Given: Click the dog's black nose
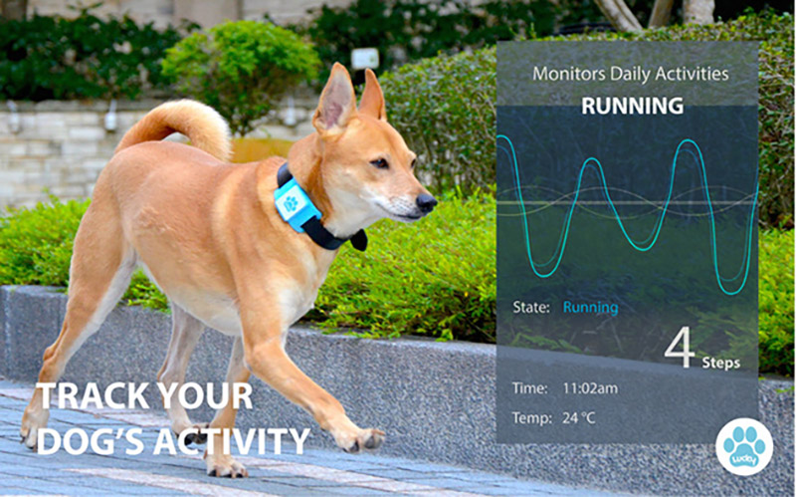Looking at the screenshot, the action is [x=427, y=203].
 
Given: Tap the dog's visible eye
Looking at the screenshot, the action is [x=380, y=163].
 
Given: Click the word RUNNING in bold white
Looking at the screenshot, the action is [x=633, y=106].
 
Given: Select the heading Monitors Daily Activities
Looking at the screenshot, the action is [x=631, y=74].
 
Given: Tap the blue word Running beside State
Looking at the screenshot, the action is [x=590, y=308].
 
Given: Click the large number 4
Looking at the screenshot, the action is [x=680, y=348].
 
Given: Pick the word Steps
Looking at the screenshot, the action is [x=720, y=363].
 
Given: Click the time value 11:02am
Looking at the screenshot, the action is [x=590, y=388].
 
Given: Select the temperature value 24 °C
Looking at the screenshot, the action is [x=578, y=418].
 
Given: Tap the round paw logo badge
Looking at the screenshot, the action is [x=744, y=446].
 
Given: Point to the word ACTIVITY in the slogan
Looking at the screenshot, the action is [x=232, y=441].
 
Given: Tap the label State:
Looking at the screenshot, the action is [x=531, y=308].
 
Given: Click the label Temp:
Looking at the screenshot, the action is [x=532, y=418].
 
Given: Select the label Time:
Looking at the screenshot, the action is [x=530, y=388].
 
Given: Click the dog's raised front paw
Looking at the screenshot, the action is [x=362, y=440].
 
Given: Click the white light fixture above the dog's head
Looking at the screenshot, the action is [x=365, y=59].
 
